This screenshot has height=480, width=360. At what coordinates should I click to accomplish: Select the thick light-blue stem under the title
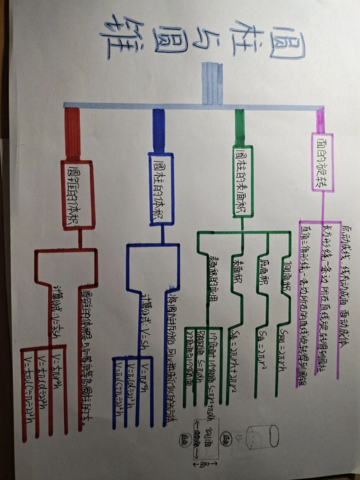coord(212,83)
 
